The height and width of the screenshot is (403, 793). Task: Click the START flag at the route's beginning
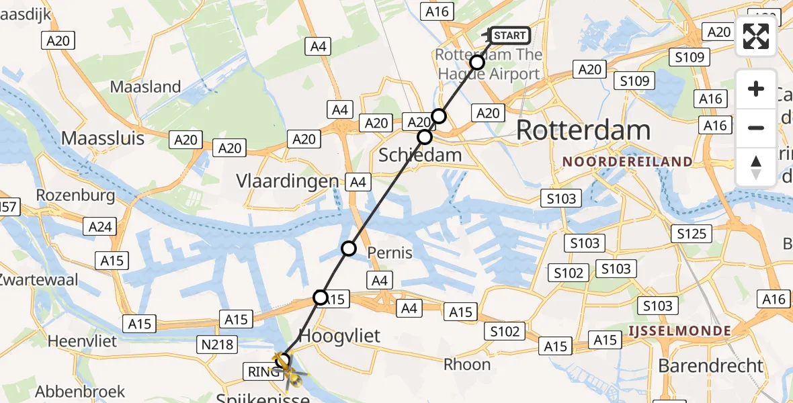point(509,36)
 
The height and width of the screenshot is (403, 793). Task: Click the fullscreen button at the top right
point(756,37)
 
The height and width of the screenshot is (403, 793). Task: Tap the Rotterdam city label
point(583,130)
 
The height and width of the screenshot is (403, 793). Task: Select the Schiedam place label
point(420,155)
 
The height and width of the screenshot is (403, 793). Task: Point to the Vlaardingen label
point(288,181)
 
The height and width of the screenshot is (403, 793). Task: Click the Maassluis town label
point(103,138)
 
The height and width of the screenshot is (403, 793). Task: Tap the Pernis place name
point(390,253)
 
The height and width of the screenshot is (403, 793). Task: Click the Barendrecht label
point(711,366)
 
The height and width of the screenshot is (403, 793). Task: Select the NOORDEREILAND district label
point(627,161)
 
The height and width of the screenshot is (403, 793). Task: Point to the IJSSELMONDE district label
point(679,331)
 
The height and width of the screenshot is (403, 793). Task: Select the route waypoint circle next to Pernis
point(349,249)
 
